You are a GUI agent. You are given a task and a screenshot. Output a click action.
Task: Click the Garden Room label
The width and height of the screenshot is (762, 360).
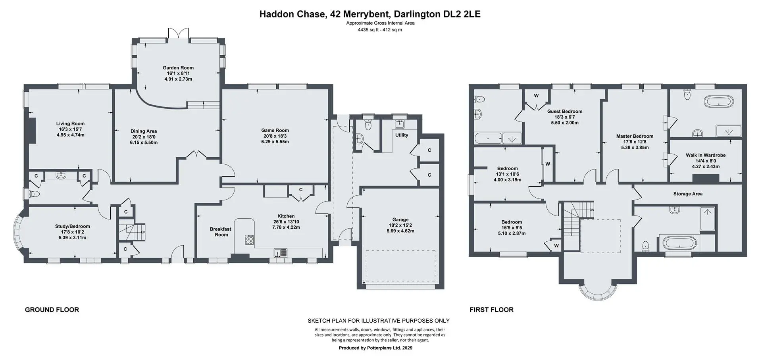(178, 68)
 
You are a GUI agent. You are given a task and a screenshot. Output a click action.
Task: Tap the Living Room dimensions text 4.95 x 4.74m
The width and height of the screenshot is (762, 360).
(71, 135)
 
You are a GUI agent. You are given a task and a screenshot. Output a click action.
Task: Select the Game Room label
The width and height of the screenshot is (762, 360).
(275, 130)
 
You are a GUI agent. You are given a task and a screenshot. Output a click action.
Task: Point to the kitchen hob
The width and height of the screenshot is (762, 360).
(250, 240)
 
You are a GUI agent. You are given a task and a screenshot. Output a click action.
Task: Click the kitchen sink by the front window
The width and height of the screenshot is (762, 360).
(281, 252)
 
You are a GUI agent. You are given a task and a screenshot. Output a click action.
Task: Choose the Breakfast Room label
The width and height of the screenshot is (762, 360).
(221, 232)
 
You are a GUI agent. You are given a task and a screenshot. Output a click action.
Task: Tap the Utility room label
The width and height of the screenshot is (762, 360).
(402, 135)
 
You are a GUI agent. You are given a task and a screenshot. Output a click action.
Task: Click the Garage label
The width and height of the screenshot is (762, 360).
(400, 219)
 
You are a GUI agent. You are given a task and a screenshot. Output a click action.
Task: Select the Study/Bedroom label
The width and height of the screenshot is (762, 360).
(73, 226)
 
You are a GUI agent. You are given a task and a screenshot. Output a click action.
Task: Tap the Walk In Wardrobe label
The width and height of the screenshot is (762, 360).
(706, 155)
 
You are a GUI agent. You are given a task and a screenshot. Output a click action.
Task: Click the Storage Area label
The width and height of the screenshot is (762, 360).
(688, 194)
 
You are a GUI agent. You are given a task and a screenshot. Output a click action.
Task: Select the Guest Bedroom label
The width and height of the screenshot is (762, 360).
(565, 112)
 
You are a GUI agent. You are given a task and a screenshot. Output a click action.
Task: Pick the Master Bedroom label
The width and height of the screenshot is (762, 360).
(635, 136)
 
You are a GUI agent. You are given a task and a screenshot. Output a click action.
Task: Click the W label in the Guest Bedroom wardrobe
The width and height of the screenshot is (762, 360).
(536, 96)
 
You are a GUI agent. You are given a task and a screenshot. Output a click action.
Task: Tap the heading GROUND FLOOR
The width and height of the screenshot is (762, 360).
(52, 310)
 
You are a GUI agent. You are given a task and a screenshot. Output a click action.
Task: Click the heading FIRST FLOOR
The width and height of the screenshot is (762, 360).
(491, 310)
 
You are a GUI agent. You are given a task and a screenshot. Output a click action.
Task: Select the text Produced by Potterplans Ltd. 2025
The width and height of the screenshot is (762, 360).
(375, 348)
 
